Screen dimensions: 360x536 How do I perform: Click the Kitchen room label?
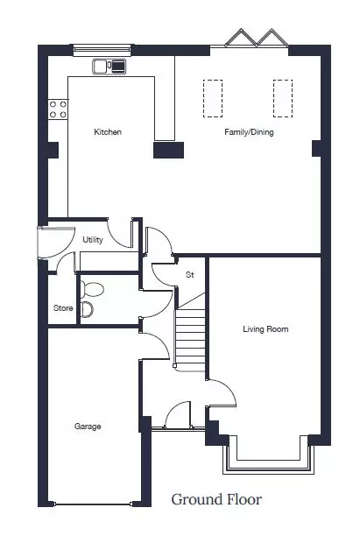tap(108, 132)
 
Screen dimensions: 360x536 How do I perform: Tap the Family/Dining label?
tap(249, 132)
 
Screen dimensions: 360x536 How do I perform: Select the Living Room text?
tap(265, 328)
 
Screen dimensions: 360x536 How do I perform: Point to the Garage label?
tap(88, 427)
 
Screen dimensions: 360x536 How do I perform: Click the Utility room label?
tap(93, 240)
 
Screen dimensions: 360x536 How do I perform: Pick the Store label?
tap(63, 308)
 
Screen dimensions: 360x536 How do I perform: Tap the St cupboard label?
tap(190, 274)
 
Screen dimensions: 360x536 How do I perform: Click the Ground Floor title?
tap(216, 499)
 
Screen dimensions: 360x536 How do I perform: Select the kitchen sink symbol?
tap(109, 66)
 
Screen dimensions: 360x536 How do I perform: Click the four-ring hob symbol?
tap(58, 109)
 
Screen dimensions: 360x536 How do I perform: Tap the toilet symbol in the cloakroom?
tap(92, 290)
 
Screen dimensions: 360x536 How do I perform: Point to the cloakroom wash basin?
tap(88, 310)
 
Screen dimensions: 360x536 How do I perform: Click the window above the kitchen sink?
tap(102, 50)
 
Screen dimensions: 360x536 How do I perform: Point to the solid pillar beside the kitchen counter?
tap(168, 150)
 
